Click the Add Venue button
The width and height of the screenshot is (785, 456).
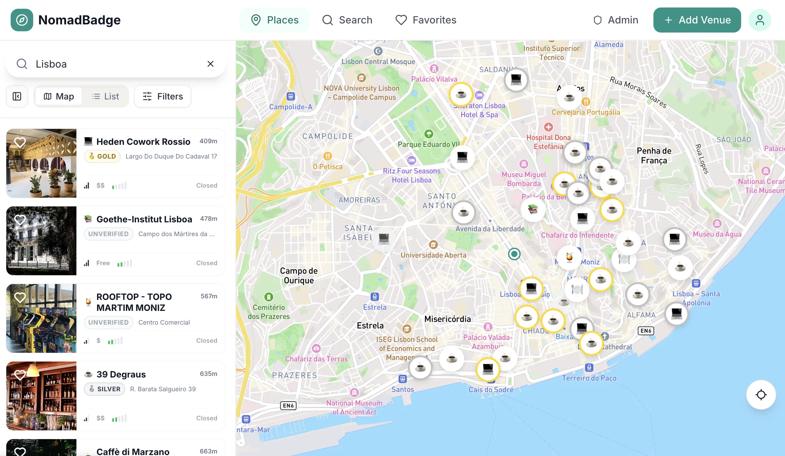tap(697, 20)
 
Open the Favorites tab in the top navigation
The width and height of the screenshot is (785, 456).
tap(426, 20)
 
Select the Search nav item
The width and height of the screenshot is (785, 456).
tap(347, 20)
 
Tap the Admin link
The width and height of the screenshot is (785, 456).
tap(616, 20)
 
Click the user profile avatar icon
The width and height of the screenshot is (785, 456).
tap(760, 20)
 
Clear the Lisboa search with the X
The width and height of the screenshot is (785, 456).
tap(211, 64)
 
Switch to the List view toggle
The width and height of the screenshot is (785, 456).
tap(106, 96)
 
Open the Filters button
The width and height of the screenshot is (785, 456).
tap(163, 96)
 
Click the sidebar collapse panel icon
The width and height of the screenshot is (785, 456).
tap(17, 96)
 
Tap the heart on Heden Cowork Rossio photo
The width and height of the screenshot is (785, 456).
tap(20, 142)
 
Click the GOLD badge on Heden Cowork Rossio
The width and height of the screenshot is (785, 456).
tap(102, 156)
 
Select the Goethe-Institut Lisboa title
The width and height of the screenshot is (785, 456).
tap(144, 219)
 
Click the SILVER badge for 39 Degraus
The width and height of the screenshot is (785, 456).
tap(105, 389)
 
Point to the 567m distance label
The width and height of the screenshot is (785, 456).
tap(209, 296)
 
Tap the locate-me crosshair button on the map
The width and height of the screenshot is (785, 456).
tap(761, 395)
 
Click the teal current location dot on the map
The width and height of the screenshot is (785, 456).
tap(514, 254)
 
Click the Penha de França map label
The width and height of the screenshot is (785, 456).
tap(654, 155)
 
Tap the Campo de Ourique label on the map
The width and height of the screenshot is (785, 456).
tap(299, 275)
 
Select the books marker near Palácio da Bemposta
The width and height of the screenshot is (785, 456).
tap(533, 209)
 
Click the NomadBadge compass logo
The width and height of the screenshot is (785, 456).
tap(22, 20)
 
